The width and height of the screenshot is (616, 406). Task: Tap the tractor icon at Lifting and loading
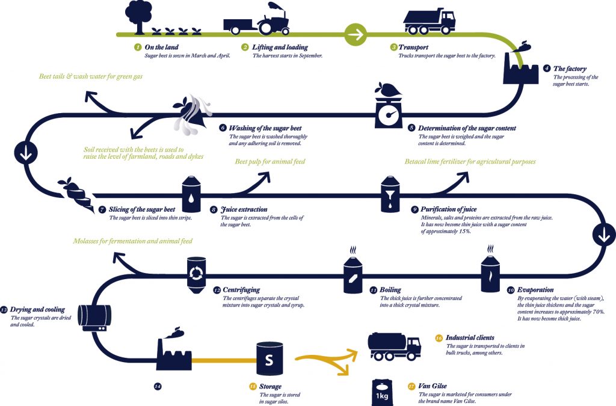(x=274, y=20)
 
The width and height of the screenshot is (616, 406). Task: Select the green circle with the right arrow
(x=356, y=34)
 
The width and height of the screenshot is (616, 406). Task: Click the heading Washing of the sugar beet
(x=265, y=128)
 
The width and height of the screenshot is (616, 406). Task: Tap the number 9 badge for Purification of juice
(x=414, y=210)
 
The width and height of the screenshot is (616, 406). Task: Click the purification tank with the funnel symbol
(x=390, y=194)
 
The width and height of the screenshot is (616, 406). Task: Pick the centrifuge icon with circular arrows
(x=196, y=275)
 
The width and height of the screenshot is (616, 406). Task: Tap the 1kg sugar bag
(x=382, y=393)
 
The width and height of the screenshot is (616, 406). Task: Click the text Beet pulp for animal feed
(x=270, y=161)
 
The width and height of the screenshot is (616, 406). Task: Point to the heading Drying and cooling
(x=37, y=309)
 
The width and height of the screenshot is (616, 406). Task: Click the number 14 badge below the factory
(x=158, y=387)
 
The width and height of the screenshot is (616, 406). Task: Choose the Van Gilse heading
(x=433, y=386)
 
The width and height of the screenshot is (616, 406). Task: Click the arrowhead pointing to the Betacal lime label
(x=464, y=177)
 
